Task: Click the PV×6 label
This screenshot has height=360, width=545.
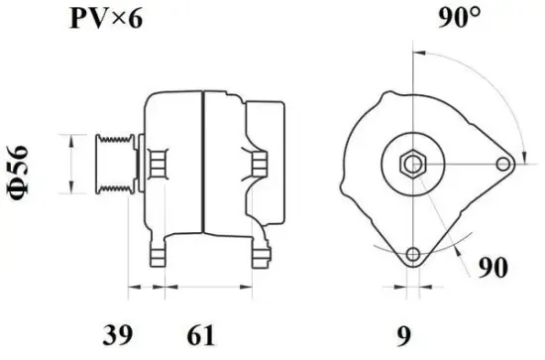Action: pyautogui.click(x=106, y=19)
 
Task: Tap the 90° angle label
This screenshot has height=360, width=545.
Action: pyautogui.click(x=460, y=17)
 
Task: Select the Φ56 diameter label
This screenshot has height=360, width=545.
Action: pyautogui.click(x=17, y=173)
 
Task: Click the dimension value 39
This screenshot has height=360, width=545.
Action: pyautogui.click(x=118, y=335)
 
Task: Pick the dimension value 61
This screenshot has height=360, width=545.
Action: pyautogui.click(x=201, y=335)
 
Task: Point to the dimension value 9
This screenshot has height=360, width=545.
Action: pyautogui.click(x=403, y=335)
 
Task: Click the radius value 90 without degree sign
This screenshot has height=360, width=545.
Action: pyautogui.click(x=492, y=267)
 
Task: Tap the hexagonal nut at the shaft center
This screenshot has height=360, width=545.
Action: pyautogui.click(x=413, y=165)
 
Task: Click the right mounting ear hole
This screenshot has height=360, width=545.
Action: pyautogui.click(x=503, y=165)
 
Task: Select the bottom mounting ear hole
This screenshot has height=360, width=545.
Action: pyautogui.click(x=413, y=254)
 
